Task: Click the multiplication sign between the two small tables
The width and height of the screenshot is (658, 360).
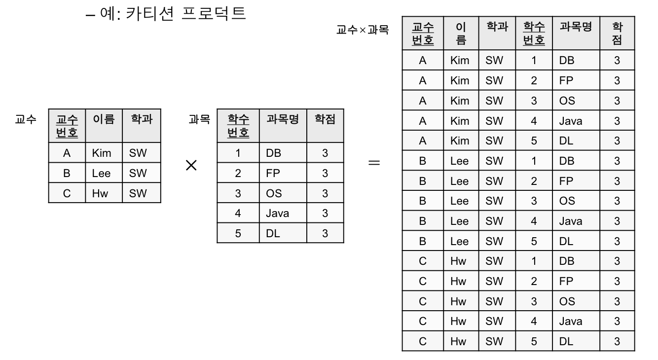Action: point(191,166)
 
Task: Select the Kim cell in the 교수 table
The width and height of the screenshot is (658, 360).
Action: point(102,153)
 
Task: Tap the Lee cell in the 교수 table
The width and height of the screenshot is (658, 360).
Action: point(101,173)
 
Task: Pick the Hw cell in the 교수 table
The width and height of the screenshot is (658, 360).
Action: point(100,193)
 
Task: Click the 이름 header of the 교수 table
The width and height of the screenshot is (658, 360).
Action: point(104,119)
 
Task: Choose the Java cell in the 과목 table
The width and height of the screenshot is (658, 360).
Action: point(277,214)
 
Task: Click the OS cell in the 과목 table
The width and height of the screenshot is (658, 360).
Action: point(274,193)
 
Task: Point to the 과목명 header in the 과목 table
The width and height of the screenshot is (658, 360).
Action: point(283,119)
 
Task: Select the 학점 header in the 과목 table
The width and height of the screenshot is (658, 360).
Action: point(325,119)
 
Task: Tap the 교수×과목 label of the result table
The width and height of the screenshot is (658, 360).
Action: point(363,30)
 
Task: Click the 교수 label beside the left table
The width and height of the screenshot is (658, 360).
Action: point(26,119)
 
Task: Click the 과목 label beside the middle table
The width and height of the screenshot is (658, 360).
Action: point(199,119)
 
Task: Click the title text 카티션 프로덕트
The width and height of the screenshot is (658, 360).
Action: point(185,13)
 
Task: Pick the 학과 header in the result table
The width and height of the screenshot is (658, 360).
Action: point(497,27)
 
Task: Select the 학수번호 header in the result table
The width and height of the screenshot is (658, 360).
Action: point(534,33)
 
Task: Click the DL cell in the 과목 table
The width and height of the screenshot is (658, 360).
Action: point(273,233)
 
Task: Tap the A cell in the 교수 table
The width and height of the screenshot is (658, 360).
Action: point(67,153)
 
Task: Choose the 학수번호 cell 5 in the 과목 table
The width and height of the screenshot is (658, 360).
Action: point(238,233)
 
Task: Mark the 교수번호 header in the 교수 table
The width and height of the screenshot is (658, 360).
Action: point(67,126)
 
